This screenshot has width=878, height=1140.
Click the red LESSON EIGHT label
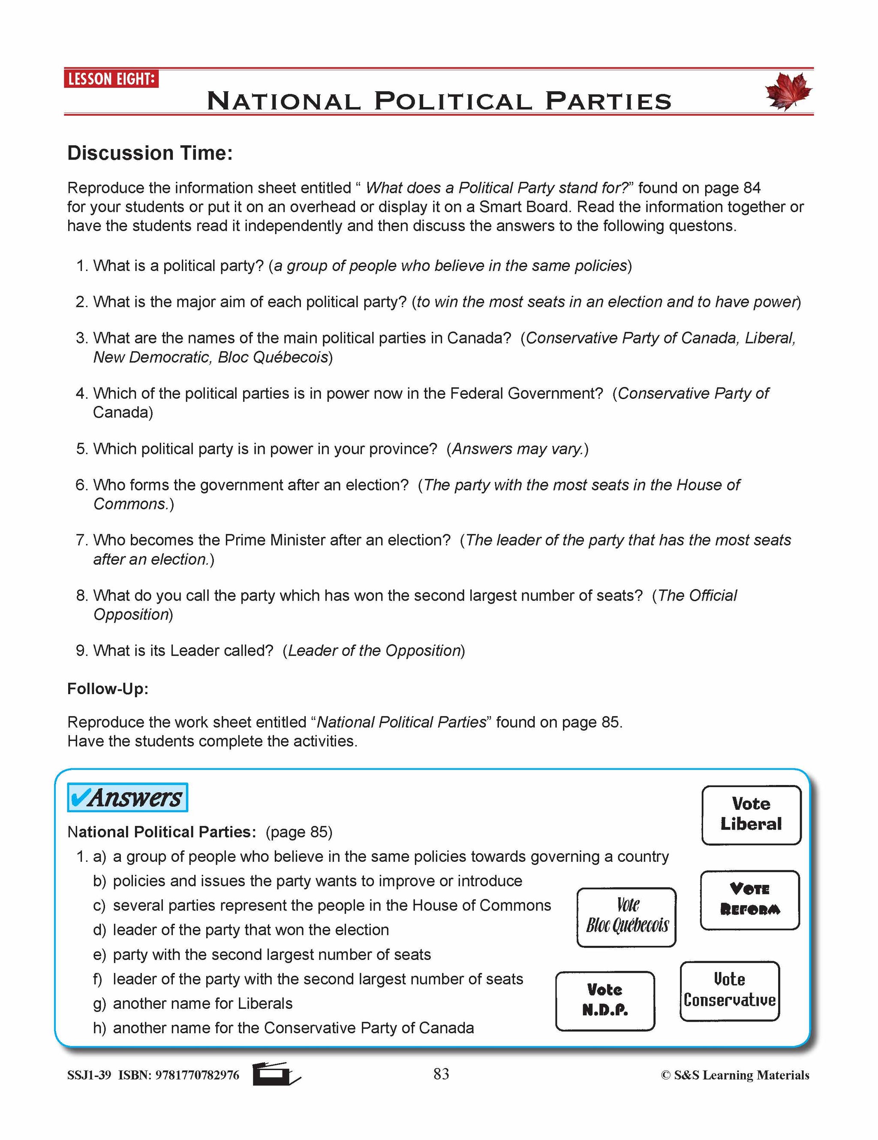(x=111, y=79)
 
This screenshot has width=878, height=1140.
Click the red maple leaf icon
(x=788, y=91)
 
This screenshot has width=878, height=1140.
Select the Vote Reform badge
(x=749, y=899)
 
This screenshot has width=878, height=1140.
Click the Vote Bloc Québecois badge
(x=626, y=917)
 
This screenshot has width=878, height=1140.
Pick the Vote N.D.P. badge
(x=605, y=1000)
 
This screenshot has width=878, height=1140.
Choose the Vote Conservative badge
(x=729, y=990)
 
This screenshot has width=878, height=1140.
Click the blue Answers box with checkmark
(x=127, y=797)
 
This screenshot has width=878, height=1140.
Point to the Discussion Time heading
(x=150, y=153)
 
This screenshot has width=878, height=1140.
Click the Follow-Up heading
(x=108, y=689)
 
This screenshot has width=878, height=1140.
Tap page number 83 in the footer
(x=441, y=1074)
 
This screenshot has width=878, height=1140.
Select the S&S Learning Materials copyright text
(x=734, y=1075)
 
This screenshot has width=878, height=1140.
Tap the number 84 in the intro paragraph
(x=752, y=188)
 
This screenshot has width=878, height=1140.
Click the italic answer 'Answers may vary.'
(x=517, y=449)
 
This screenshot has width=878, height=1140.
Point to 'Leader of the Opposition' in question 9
(x=374, y=650)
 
